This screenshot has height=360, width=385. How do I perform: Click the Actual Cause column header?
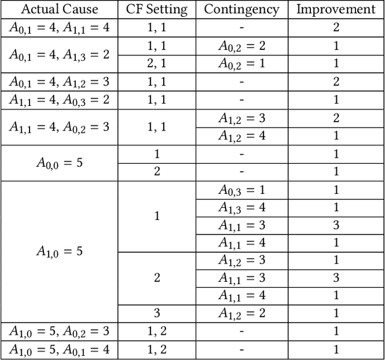coord(59,10)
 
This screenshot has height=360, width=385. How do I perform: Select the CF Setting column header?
coord(157,10)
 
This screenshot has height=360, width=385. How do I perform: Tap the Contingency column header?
coord(241,10)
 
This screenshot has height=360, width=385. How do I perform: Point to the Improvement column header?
coord(336,10)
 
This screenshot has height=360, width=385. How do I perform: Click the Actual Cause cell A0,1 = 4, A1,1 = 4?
coord(59,27)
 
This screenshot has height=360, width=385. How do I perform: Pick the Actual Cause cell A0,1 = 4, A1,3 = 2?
coord(59,54)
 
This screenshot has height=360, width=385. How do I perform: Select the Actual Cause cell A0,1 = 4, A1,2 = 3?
coord(59,82)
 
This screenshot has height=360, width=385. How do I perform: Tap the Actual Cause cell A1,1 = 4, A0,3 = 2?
coord(59,100)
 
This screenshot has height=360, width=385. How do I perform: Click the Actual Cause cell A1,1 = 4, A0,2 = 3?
coord(59,127)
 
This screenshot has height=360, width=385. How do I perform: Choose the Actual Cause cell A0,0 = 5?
coord(59,163)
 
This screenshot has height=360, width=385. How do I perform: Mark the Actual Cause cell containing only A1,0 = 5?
coord(59,252)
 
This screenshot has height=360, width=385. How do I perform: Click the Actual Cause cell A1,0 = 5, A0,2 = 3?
coord(59,332)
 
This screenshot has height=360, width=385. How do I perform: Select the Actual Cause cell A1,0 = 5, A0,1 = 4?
coord(59,350)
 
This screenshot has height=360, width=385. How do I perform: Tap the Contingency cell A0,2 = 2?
coord(241,46)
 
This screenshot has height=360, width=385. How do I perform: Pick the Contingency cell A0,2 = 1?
coord(241,64)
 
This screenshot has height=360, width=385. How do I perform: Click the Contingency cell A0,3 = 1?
coord(241,190)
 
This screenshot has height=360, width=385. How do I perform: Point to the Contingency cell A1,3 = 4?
coord(241,208)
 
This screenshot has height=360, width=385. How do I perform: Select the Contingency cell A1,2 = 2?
coord(241,314)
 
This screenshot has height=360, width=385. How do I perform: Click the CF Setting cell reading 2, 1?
coord(157,64)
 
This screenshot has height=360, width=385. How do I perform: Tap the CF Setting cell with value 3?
coord(157,314)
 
